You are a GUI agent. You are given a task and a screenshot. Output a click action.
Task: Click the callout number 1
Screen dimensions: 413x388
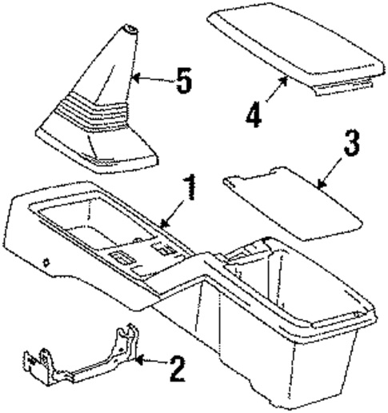click(x=189, y=192)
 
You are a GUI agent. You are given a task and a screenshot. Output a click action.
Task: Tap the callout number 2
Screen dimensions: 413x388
click(x=178, y=369)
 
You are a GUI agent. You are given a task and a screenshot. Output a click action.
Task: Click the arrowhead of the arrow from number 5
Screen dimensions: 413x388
click(x=135, y=78)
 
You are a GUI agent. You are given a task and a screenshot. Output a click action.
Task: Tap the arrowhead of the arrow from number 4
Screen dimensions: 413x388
click(x=288, y=77)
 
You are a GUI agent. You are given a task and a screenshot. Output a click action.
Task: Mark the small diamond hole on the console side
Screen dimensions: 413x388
click(x=49, y=261)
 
